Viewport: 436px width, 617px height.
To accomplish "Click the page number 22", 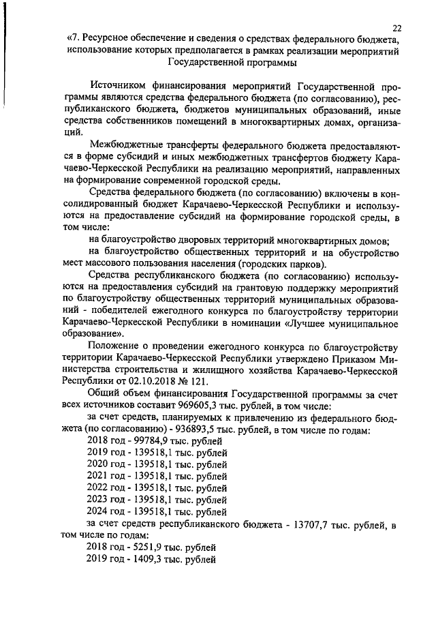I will pos(397,27).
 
